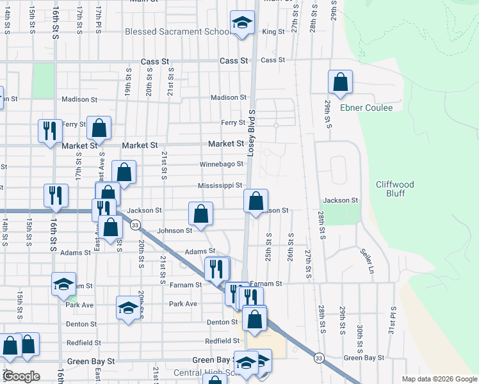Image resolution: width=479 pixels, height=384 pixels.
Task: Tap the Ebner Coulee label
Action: pos(366,108)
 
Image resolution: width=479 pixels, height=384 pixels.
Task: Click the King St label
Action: pos(273,31)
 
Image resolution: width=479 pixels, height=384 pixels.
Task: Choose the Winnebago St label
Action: pos(222,164)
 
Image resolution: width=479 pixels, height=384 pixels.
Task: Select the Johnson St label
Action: pos(175,230)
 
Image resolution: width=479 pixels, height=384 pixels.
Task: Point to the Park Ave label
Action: pos(183,304)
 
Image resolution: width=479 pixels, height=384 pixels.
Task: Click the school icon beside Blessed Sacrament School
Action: pos(242,24)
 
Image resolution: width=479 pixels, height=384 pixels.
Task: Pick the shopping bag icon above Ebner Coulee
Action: pos(340,82)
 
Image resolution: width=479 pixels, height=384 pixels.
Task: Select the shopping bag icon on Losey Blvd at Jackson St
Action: pos(256,202)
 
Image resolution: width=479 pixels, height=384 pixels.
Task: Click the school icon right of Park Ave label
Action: pos(127,308)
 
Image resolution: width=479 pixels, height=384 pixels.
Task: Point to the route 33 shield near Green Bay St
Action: pos(318,358)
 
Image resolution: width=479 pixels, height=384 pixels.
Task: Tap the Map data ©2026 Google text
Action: pos(439,379)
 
